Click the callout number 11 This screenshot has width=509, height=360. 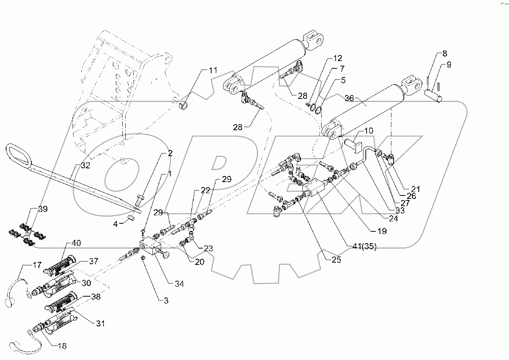(213, 70)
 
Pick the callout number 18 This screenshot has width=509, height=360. (62, 346)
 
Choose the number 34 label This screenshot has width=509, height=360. (179, 284)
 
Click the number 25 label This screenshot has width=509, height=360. (336, 260)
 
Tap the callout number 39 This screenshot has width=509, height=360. (43, 209)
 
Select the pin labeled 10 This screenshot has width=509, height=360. (353, 145)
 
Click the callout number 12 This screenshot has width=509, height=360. (337, 58)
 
